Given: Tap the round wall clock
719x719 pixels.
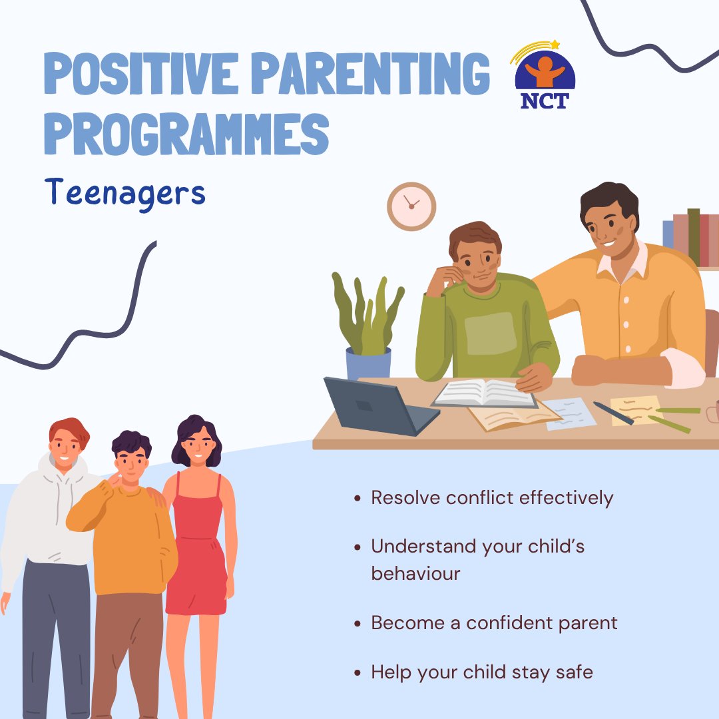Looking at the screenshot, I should tap(411, 206).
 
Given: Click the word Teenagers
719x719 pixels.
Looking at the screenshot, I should tap(125, 193).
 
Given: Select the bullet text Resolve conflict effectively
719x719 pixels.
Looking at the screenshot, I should tap(492, 497).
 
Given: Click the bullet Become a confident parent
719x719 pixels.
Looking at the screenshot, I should tap(494, 623).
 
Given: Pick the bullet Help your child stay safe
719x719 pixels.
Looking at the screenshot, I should tap(481, 672).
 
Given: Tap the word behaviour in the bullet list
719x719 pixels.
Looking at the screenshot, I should tap(415, 573).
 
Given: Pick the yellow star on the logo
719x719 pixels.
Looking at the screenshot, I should tap(555, 45).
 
